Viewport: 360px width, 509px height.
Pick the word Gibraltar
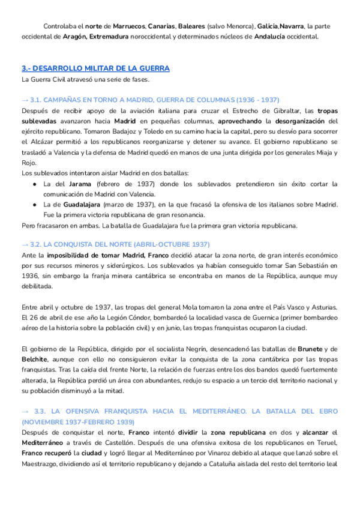(286, 110)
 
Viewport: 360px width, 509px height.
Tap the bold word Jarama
(80, 184)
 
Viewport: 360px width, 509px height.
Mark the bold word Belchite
(34, 359)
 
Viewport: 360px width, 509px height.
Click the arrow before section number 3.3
(25, 411)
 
